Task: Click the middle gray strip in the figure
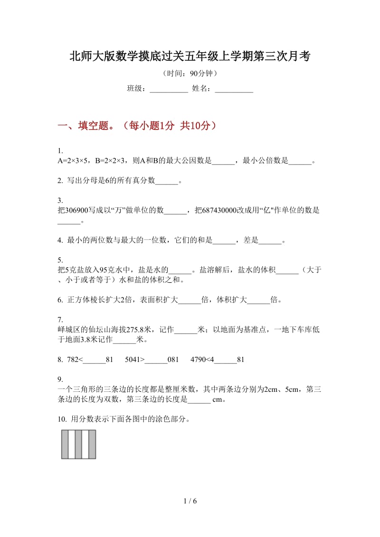(78, 444)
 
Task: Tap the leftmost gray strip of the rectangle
(65, 444)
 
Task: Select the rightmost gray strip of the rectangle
(92, 444)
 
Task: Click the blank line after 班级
(169, 89)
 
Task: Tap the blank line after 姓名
(234, 89)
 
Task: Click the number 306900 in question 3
(76, 211)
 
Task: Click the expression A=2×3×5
(72, 161)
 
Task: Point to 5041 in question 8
(133, 360)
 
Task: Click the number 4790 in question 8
(198, 360)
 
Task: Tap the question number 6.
(60, 300)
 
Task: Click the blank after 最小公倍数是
(300, 161)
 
